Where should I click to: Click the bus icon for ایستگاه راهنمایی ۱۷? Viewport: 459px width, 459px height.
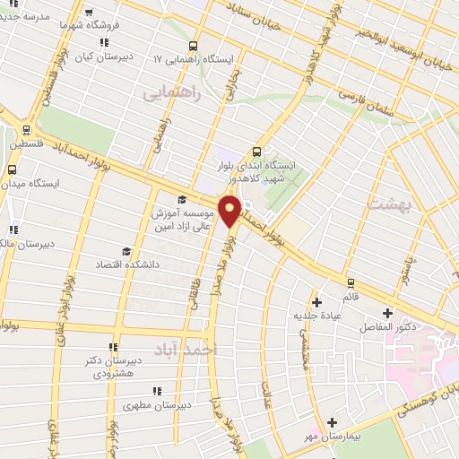tap(194, 46)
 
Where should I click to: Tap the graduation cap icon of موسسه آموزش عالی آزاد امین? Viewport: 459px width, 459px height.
tap(181, 199)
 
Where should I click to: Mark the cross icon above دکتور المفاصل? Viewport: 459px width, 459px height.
tap(387, 313)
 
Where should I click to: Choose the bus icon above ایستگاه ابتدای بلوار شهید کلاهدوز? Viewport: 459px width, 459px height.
tap(257, 151)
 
